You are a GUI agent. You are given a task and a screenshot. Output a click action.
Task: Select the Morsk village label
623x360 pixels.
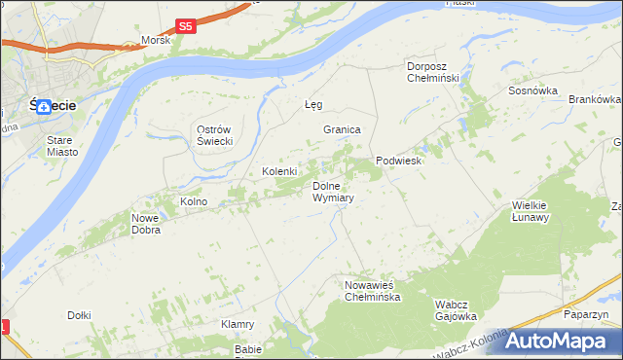[x=156, y=40]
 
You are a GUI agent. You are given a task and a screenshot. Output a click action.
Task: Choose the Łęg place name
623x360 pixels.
[x=312, y=104]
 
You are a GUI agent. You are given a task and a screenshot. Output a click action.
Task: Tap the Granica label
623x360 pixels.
[x=343, y=129]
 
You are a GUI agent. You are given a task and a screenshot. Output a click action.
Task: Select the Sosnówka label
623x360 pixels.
[x=532, y=90]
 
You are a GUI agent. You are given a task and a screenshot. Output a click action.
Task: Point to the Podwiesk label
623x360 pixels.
[x=398, y=161]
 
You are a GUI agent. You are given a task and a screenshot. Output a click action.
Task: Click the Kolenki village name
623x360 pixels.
[x=279, y=171]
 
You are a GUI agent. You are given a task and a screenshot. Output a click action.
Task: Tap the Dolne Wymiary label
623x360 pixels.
[x=332, y=192]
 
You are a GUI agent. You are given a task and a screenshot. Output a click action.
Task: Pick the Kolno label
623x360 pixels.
[x=194, y=201]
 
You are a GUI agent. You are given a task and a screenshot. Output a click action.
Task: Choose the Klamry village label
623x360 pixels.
[x=238, y=324]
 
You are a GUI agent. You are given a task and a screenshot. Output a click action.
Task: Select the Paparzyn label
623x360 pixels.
[x=586, y=314]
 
